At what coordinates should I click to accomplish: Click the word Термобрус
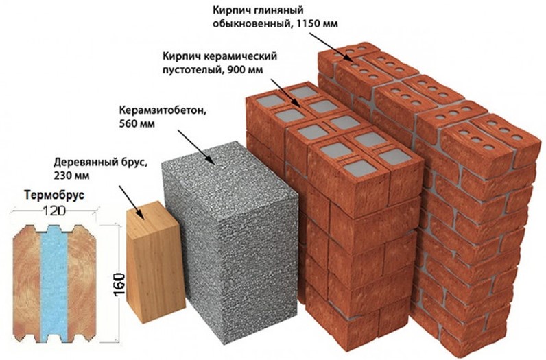coord(54,195)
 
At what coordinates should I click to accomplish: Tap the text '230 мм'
coord(73,176)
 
